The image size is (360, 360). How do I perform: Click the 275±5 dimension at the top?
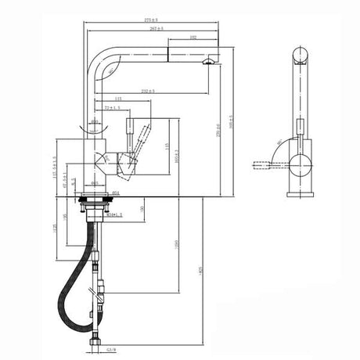(150, 20)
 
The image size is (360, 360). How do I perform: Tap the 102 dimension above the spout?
(193, 37)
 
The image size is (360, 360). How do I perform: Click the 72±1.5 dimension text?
(112, 107)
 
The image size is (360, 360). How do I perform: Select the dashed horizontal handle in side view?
(266, 165)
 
